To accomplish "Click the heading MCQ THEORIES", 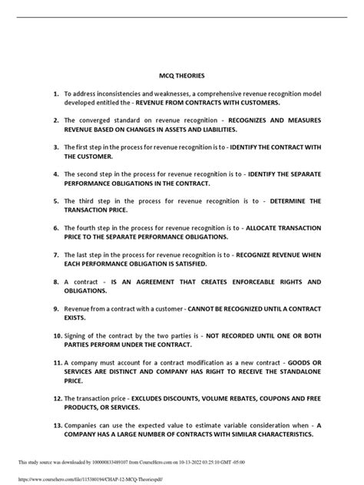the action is pyautogui.click(x=181, y=76).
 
